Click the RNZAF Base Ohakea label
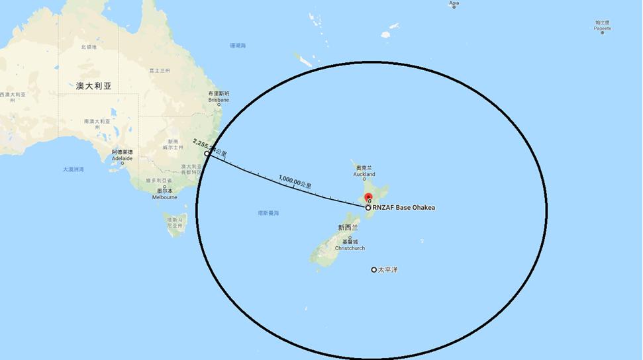405,208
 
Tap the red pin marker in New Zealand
369,198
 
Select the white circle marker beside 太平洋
373,270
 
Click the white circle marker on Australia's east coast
207,154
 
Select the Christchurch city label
350,248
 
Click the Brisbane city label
219,100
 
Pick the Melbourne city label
164,197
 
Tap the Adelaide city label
122,159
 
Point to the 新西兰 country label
348,227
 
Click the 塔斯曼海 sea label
268,213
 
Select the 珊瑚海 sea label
238,46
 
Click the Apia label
454,3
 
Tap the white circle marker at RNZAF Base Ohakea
368,208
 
